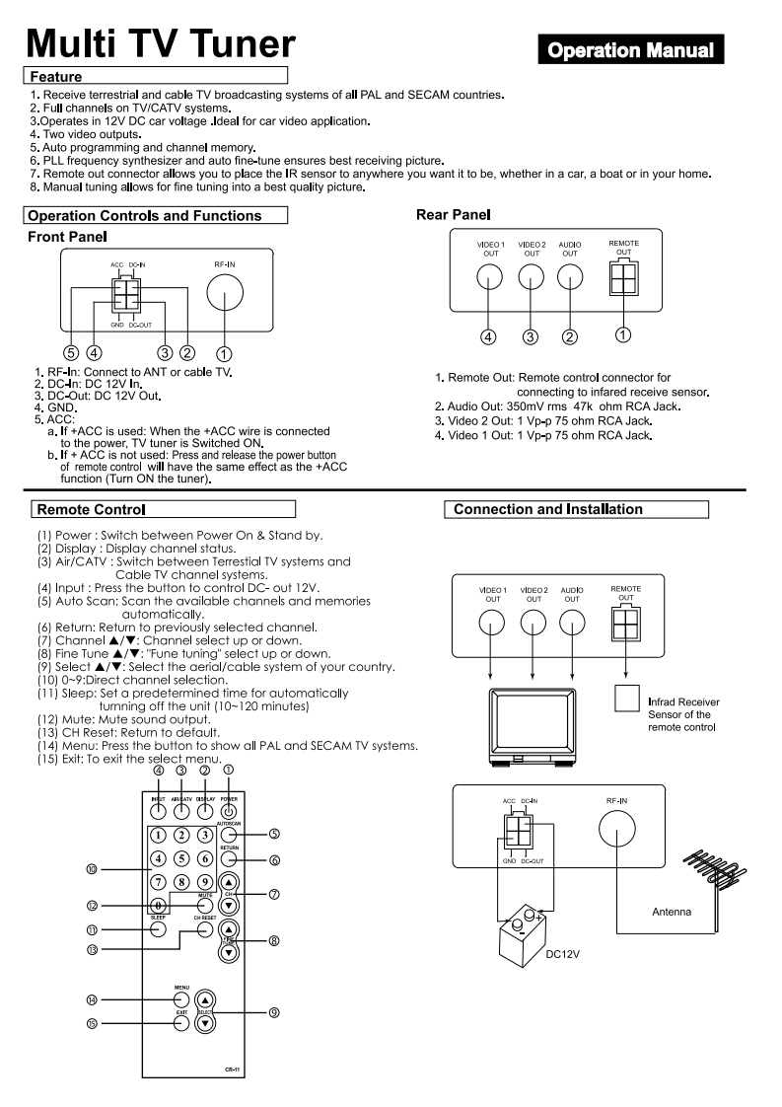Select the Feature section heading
coord(56,76)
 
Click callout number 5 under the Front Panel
coord(71,352)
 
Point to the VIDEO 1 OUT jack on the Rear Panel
coord(491,279)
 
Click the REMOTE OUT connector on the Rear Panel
coord(624,280)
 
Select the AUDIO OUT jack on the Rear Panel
coord(569,279)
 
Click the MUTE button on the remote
coord(205,904)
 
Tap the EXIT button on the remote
coord(181,1022)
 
